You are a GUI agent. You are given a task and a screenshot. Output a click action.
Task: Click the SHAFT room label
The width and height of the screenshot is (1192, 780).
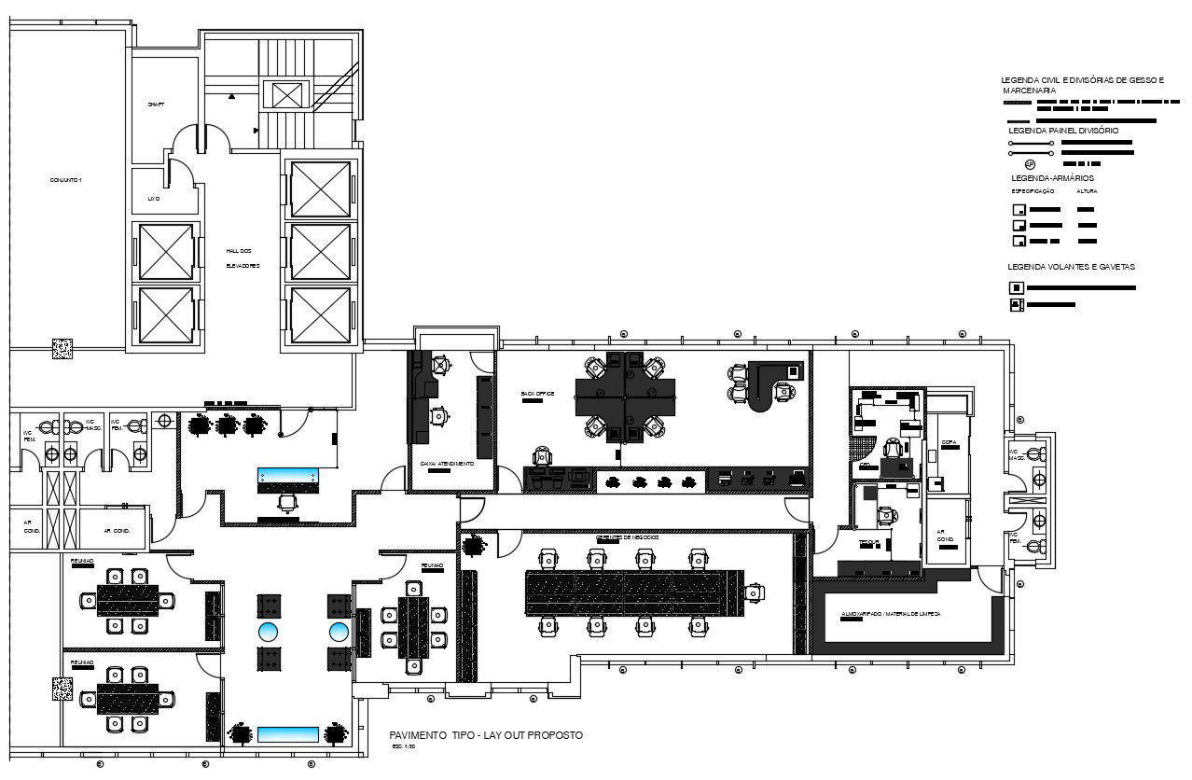pyautogui.click(x=156, y=104)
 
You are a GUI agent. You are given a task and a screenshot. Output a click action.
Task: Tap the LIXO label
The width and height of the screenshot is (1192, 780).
pyautogui.click(x=154, y=199)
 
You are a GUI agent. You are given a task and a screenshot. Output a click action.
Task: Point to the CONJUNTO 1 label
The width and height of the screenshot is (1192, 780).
pyautogui.click(x=66, y=179)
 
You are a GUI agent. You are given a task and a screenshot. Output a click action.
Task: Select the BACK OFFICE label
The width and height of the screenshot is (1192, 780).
pyautogui.click(x=538, y=394)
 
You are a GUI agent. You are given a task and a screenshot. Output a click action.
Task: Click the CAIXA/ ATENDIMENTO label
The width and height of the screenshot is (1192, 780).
pyautogui.click(x=447, y=464)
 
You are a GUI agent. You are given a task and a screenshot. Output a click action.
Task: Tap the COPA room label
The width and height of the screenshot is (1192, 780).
pyautogui.click(x=949, y=442)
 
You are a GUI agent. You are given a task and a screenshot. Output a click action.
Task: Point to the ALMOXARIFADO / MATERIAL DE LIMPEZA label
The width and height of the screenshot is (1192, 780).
pyautogui.click(x=891, y=614)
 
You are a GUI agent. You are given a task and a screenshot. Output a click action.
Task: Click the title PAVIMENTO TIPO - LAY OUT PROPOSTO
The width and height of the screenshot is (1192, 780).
pyautogui.click(x=486, y=735)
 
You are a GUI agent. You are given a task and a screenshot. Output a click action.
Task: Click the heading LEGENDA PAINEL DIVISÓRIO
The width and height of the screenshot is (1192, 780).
pyautogui.click(x=1063, y=131)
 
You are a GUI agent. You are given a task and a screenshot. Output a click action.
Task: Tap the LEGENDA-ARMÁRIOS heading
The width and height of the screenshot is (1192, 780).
pyautogui.click(x=1052, y=177)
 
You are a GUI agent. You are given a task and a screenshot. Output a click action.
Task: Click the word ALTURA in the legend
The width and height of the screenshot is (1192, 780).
pyautogui.click(x=1087, y=191)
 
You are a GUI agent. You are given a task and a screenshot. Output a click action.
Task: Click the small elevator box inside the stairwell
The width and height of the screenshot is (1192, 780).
pyautogui.click(x=284, y=94)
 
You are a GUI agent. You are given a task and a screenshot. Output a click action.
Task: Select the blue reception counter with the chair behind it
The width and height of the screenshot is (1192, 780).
pyautogui.click(x=288, y=480)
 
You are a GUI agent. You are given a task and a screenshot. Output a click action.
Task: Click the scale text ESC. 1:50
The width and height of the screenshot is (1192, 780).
pyautogui.click(x=403, y=747)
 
